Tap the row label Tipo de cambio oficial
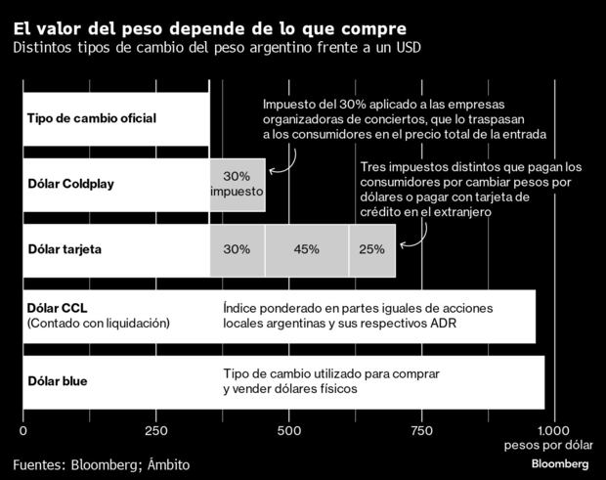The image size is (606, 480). (x=91, y=119)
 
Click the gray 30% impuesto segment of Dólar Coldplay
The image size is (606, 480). (x=237, y=184)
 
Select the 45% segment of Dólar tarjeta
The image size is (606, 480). (x=306, y=249)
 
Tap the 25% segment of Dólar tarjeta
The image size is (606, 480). (x=371, y=249)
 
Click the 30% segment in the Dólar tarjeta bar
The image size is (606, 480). (x=237, y=249)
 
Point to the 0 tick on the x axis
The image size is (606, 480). (x=23, y=429)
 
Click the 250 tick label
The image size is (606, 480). (x=155, y=429)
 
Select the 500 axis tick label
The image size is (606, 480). (x=288, y=429)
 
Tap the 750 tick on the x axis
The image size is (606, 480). (x=421, y=429)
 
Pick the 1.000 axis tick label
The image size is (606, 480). (x=552, y=429)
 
